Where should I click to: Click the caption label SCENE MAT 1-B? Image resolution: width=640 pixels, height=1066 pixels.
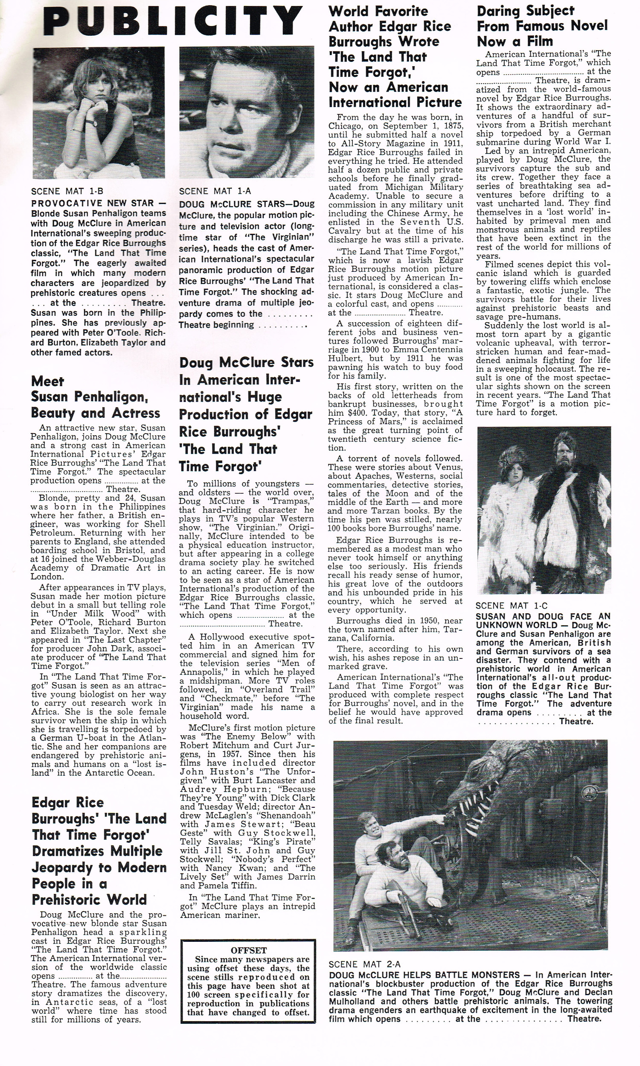(67, 191)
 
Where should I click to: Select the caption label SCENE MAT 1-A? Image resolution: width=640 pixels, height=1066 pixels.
(215, 191)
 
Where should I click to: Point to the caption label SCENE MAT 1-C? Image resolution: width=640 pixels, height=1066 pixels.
(511, 606)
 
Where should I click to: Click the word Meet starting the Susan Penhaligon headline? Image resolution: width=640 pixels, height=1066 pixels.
(47, 381)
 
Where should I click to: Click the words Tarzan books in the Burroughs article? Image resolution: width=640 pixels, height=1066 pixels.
(374, 511)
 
